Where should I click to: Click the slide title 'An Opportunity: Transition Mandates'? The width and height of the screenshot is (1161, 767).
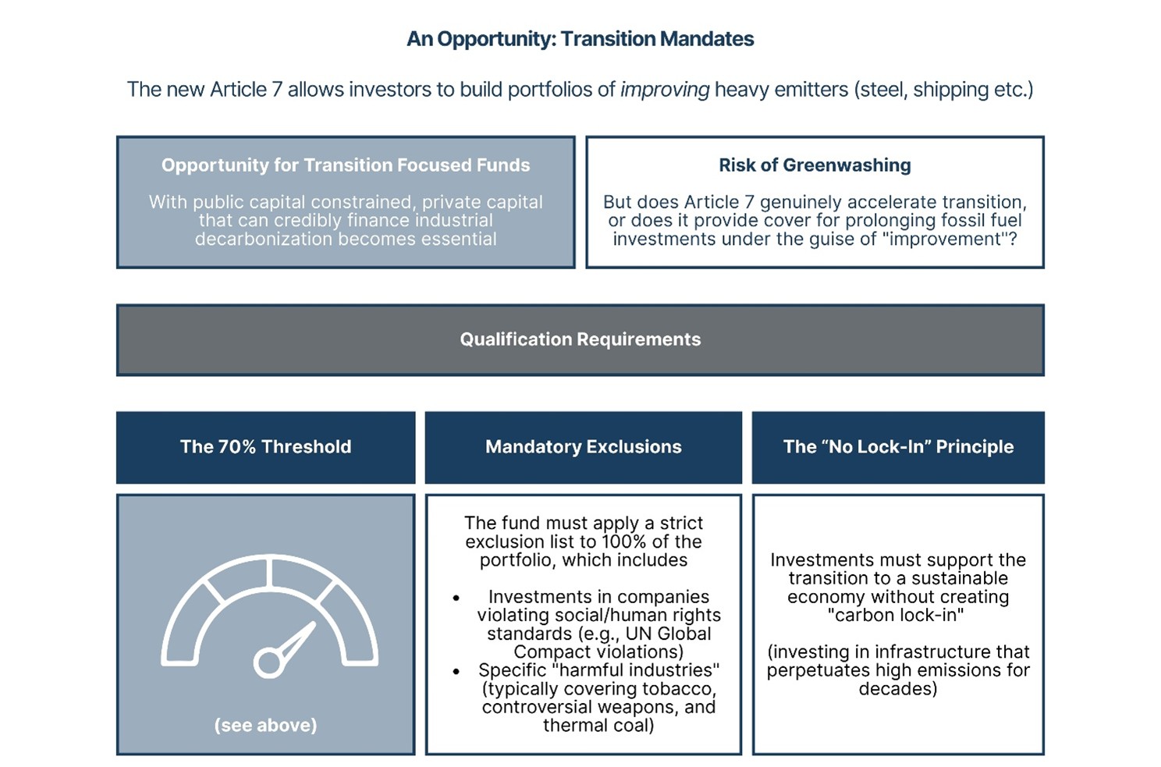click(580, 39)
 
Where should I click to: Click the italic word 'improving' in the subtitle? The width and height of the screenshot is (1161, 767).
click(665, 90)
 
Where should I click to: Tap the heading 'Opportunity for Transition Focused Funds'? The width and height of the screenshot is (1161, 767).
click(346, 165)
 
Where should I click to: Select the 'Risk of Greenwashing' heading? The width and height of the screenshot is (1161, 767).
click(815, 165)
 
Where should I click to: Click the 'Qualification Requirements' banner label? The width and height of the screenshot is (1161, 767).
click(580, 339)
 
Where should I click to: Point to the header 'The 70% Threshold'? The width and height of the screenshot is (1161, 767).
click(265, 447)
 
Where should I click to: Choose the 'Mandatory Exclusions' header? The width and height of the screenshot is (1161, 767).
click(583, 447)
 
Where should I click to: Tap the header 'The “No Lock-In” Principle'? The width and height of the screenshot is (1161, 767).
click(898, 447)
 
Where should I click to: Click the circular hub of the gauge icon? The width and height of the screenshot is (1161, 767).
click(268, 663)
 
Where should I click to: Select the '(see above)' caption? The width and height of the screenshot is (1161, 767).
click(265, 726)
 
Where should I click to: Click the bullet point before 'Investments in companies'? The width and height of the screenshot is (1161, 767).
click(456, 598)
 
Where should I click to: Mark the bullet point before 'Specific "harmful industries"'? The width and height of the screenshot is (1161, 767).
click(456, 671)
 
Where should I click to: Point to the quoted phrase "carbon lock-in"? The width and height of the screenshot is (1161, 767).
click(896, 616)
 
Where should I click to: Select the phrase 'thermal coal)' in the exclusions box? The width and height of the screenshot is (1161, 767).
click(598, 726)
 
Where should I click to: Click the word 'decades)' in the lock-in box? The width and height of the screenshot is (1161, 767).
click(897, 689)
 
